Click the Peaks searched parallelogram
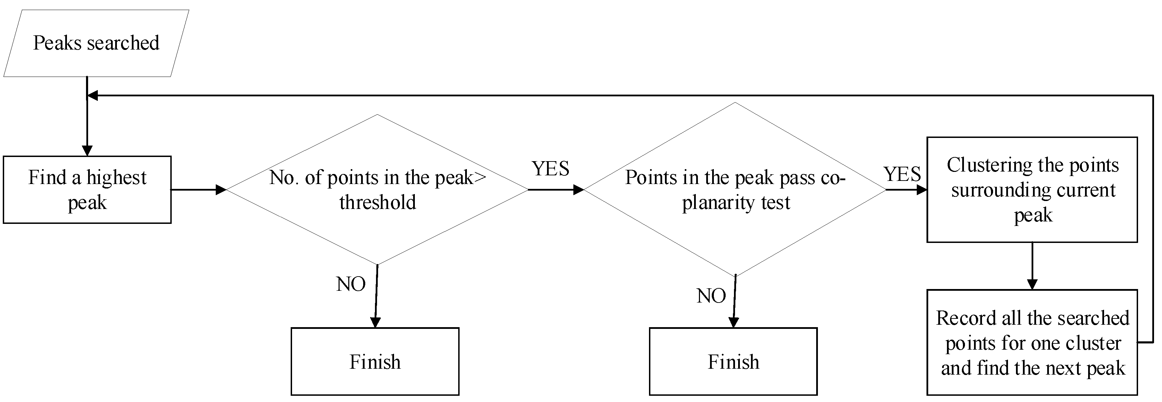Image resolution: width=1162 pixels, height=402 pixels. point(96,43)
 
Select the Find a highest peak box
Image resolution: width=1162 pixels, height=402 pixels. point(87,190)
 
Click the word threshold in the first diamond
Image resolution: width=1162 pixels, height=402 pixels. point(377,202)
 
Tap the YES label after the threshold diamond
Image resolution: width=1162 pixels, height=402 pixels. point(550,168)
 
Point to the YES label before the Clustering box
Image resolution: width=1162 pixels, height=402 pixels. point(902,174)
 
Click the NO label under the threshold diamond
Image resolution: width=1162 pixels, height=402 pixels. point(350,284)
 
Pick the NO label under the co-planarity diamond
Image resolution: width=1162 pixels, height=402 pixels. point(711,296)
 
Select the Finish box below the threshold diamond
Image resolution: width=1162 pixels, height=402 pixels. point(375,361)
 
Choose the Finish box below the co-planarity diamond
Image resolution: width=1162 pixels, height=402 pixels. point(733,361)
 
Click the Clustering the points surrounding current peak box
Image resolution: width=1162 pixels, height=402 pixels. point(1032,190)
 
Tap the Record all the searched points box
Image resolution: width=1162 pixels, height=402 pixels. point(1032,342)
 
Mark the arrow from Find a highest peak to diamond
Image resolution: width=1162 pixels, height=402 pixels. point(198,190)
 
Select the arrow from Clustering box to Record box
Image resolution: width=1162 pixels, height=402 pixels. point(1032,266)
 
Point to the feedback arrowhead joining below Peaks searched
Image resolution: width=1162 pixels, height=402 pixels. point(93,96)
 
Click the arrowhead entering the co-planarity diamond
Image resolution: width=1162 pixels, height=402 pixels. point(578,190)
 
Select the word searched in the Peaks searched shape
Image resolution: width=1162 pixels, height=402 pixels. point(123,43)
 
